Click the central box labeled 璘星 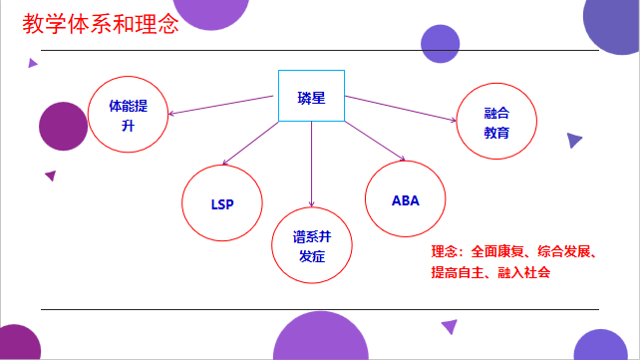pyautogui.click(x=310, y=97)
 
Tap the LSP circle pyautogui.click(x=221, y=203)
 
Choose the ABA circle pyautogui.click(x=405, y=198)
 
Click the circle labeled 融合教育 pyautogui.click(x=496, y=123)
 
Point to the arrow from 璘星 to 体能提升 pyautogui.click(x=220, y=104)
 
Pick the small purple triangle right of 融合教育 pyautogui.click(x=573, y=141)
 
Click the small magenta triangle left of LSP pyautogui.click(x=50, y=176)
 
